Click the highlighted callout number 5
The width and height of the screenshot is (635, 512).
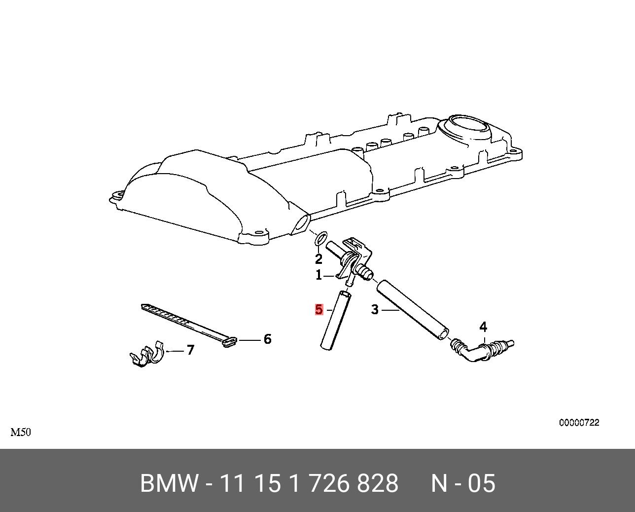coord(319,310)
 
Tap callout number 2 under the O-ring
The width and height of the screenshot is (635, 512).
coord(319,259)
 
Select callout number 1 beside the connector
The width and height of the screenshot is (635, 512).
coord(319,275)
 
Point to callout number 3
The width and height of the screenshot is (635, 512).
coord(375,310)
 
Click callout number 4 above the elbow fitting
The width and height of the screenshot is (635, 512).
coord(483,327)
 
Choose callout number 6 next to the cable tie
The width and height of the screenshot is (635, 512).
coord(267,339)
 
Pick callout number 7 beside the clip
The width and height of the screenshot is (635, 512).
coord(190,350)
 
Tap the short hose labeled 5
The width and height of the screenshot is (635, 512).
coord(335,321)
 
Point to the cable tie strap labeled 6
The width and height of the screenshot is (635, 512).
coord(187,323)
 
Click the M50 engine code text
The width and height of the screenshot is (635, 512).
coord(21,433)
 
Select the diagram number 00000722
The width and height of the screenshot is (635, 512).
coord(579,423)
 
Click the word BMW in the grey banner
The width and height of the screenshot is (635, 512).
coord(170,483)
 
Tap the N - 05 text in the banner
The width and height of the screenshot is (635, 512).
coord(463,483)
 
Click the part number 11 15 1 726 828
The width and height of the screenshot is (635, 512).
coord(309,483)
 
